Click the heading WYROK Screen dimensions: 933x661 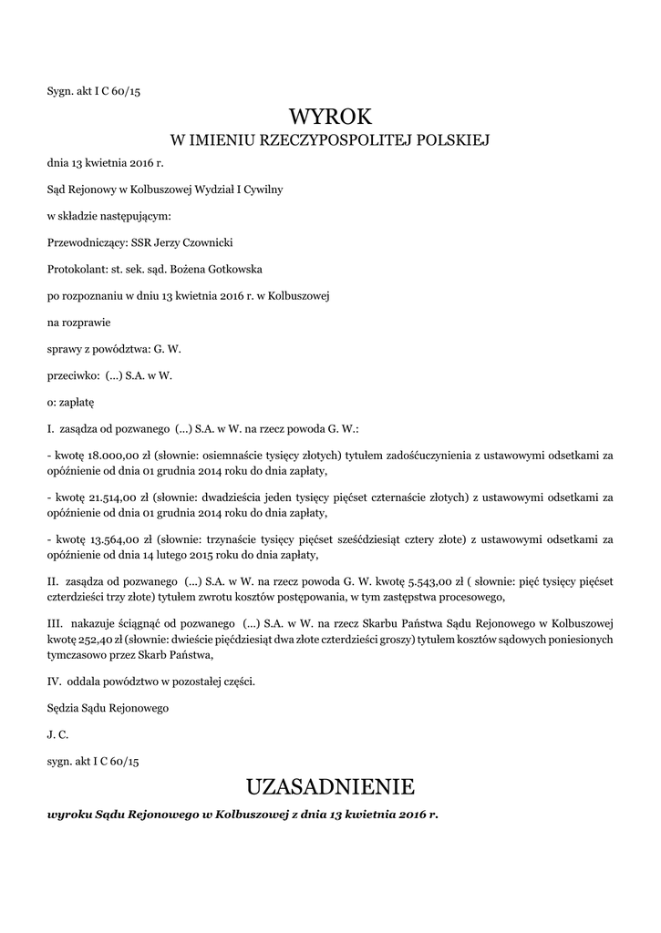pyautogui.click(x=330, y=117)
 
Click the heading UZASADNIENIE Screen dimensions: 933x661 pyautogui.click(x=330, y=785)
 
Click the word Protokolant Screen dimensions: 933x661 pyautogui.click(x=76, y=269)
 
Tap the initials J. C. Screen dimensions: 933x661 pyautogui.click(x=57, y=733)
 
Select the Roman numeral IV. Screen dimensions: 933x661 pyautogui.click(x=54, y=681)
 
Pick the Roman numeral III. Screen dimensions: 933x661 pyautogui.click(x=55, y=624)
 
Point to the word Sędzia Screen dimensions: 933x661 pyautogui.click(x=65, y=707)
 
